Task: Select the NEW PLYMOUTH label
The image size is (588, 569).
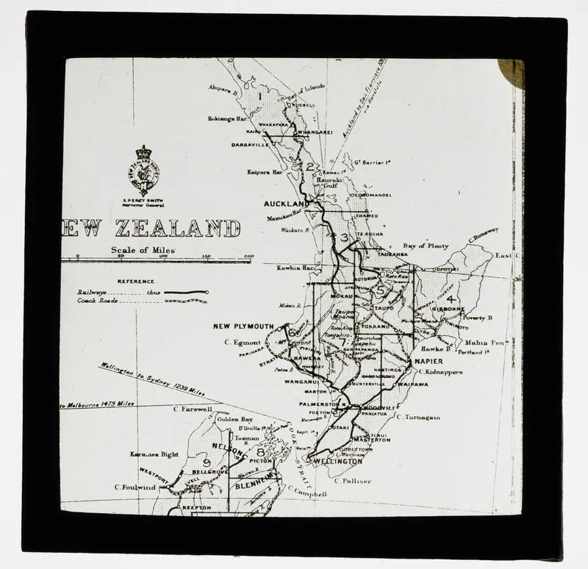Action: point(243,326)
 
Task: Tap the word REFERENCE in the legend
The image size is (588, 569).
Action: point(136,281)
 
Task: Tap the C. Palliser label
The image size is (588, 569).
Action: point(352,481)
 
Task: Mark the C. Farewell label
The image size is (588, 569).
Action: point(192,409)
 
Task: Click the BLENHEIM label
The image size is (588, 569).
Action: point(254,485)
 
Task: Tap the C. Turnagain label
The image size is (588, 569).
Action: point(418,417)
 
